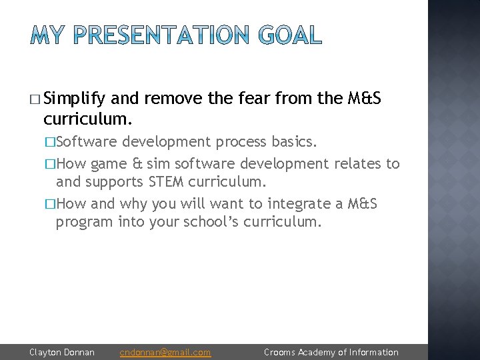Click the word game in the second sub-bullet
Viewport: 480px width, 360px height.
(x=107, y=163)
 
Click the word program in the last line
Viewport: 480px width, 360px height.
(x=85, y=223)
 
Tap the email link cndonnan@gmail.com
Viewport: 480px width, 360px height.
(x=165, y=352)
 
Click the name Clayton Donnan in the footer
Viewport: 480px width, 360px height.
(x=62, y=352)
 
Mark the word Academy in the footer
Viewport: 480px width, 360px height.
(x=317, y=352)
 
